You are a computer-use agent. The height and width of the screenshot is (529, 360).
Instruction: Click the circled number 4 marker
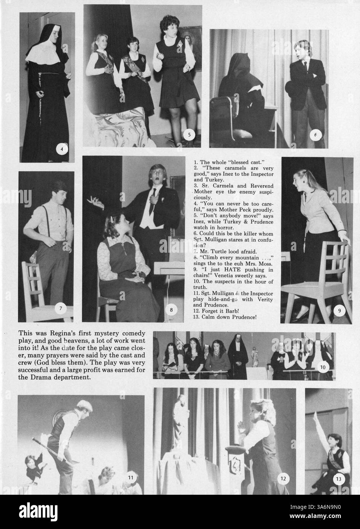(x=62, y=149)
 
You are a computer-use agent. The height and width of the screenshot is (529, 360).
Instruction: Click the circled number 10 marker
(x=323, y=367)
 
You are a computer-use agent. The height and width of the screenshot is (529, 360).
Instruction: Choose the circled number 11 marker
(x=130, y=476)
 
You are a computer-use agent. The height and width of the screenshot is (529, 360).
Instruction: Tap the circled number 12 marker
(x=283, y=478)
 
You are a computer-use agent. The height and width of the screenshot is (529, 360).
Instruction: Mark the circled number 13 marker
(x=338, y=479)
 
